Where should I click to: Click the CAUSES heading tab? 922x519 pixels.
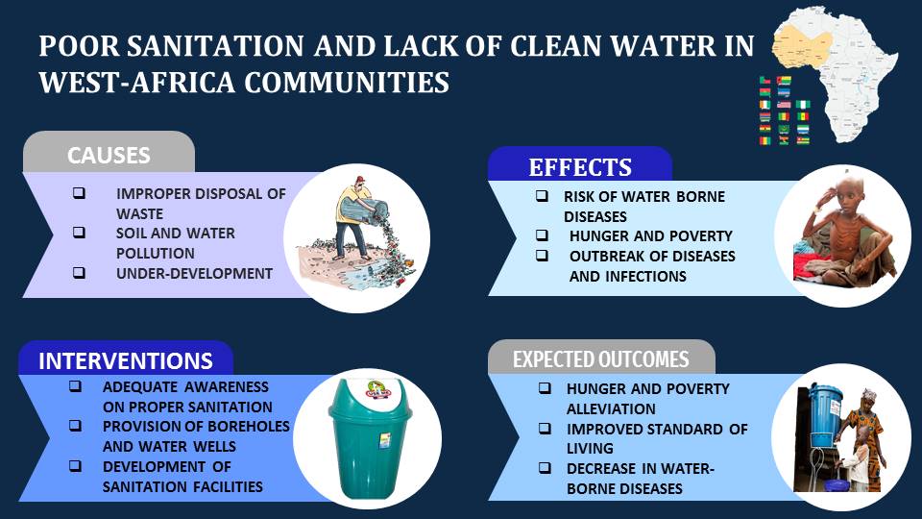(109, 155)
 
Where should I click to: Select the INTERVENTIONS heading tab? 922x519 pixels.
(126, 360)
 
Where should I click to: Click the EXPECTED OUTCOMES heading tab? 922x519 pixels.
(601, 359)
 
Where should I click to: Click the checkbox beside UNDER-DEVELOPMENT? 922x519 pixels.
(79, 273)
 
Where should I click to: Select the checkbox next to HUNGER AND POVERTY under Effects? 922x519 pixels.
(543, 235)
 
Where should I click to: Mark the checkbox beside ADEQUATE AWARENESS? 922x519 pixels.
(75, 386)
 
